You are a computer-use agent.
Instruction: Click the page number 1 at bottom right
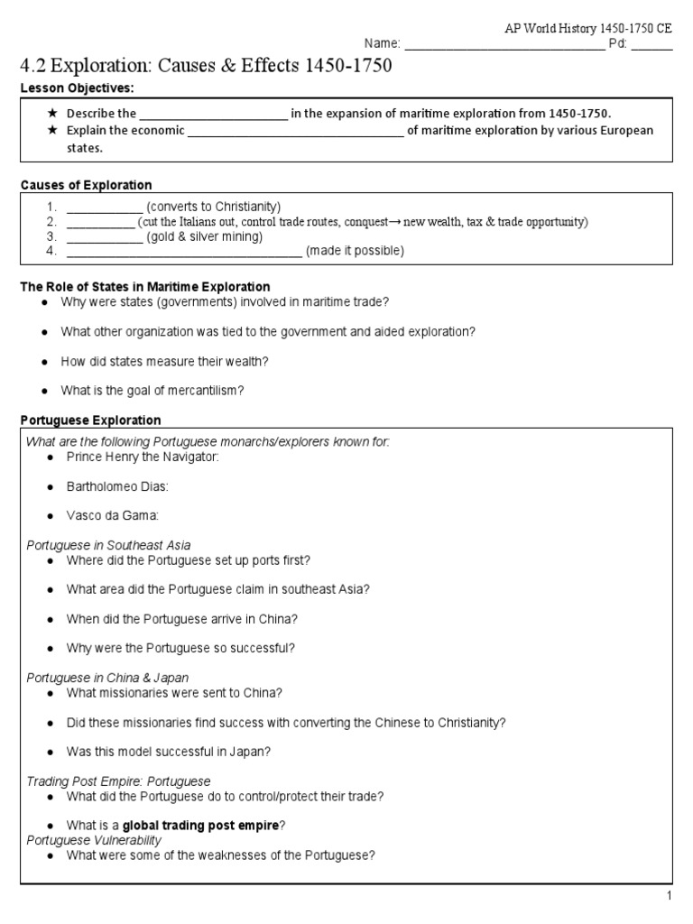[669, 895]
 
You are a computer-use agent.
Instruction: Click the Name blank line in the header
[503, 44]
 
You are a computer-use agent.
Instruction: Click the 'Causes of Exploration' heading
[87, 185]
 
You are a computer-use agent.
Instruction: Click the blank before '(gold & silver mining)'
[105, 237]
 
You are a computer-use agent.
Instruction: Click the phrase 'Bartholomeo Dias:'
[117, 487]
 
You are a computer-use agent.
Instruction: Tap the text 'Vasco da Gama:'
[112, 516]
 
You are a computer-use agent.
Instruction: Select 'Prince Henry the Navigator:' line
[143, 457]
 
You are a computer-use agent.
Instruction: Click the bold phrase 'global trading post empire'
[200, 825]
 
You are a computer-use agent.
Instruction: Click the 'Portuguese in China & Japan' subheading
[107, 678]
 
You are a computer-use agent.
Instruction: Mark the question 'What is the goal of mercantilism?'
[152, 391]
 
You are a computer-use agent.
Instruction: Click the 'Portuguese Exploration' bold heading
[90, 420]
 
